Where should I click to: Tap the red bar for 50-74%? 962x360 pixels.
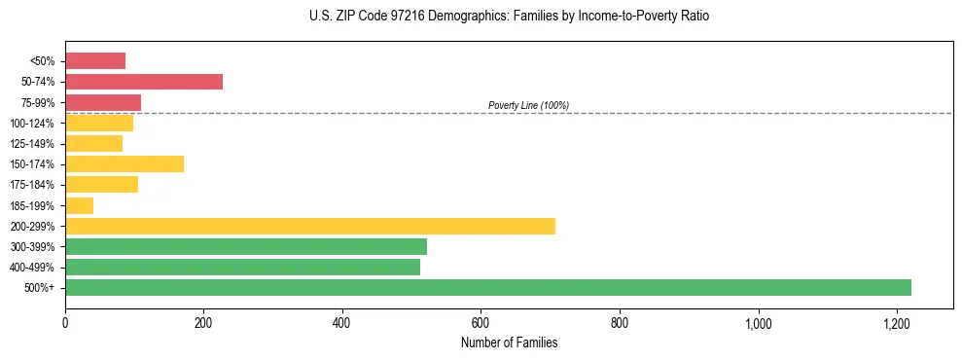[144, 82]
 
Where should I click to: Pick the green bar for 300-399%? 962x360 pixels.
[246, 246]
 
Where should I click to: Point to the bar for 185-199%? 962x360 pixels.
[80, 205]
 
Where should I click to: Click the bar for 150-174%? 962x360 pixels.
[125, 163]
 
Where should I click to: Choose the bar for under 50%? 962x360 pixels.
[95, 60]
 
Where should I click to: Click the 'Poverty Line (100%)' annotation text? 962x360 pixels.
[528, 105]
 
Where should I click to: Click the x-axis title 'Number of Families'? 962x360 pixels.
[509, 342]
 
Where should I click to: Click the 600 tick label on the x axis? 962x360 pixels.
[481, 323]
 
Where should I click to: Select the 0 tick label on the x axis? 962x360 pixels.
[65, 323]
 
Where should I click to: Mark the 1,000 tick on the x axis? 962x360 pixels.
[758, 323]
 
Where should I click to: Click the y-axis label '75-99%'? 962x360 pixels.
[38, 102]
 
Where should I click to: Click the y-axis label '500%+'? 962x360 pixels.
[41, 288]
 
